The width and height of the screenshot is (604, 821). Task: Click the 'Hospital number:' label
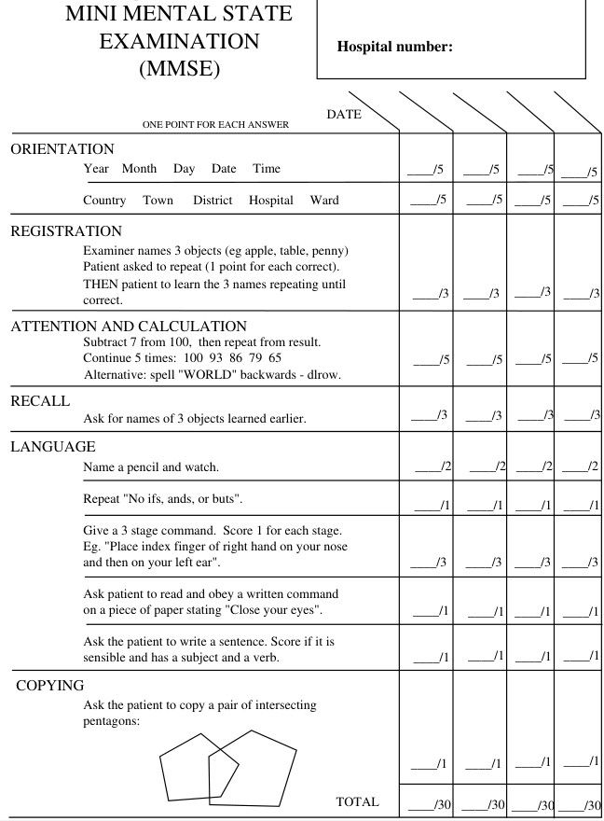click(x=394, y=47)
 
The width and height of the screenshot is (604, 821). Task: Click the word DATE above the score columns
click(x=344, y=114)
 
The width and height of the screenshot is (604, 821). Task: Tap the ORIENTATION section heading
click(x=62, y=149)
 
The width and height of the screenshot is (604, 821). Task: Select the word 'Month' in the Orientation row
click(x=139, y=169)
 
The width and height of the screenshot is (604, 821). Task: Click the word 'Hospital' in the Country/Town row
click(x=270, y=201)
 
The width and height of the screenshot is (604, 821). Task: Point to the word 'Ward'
click(x=324, y=201)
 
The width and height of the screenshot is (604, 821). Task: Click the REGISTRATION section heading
click(x=66, y=231)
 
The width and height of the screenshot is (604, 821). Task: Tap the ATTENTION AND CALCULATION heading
click(x=129, y=327)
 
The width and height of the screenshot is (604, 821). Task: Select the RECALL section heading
click(x=40, y=401)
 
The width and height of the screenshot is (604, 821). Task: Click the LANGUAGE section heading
click(x=53, y=447)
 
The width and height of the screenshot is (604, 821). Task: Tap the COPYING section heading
click(x=50, y=686)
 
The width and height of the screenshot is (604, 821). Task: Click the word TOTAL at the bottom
click(x=357, y=801)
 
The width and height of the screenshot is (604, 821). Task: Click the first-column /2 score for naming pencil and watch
click(x=432, y=466)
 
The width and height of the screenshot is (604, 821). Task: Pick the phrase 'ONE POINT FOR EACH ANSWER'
click(x=215, y=125)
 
